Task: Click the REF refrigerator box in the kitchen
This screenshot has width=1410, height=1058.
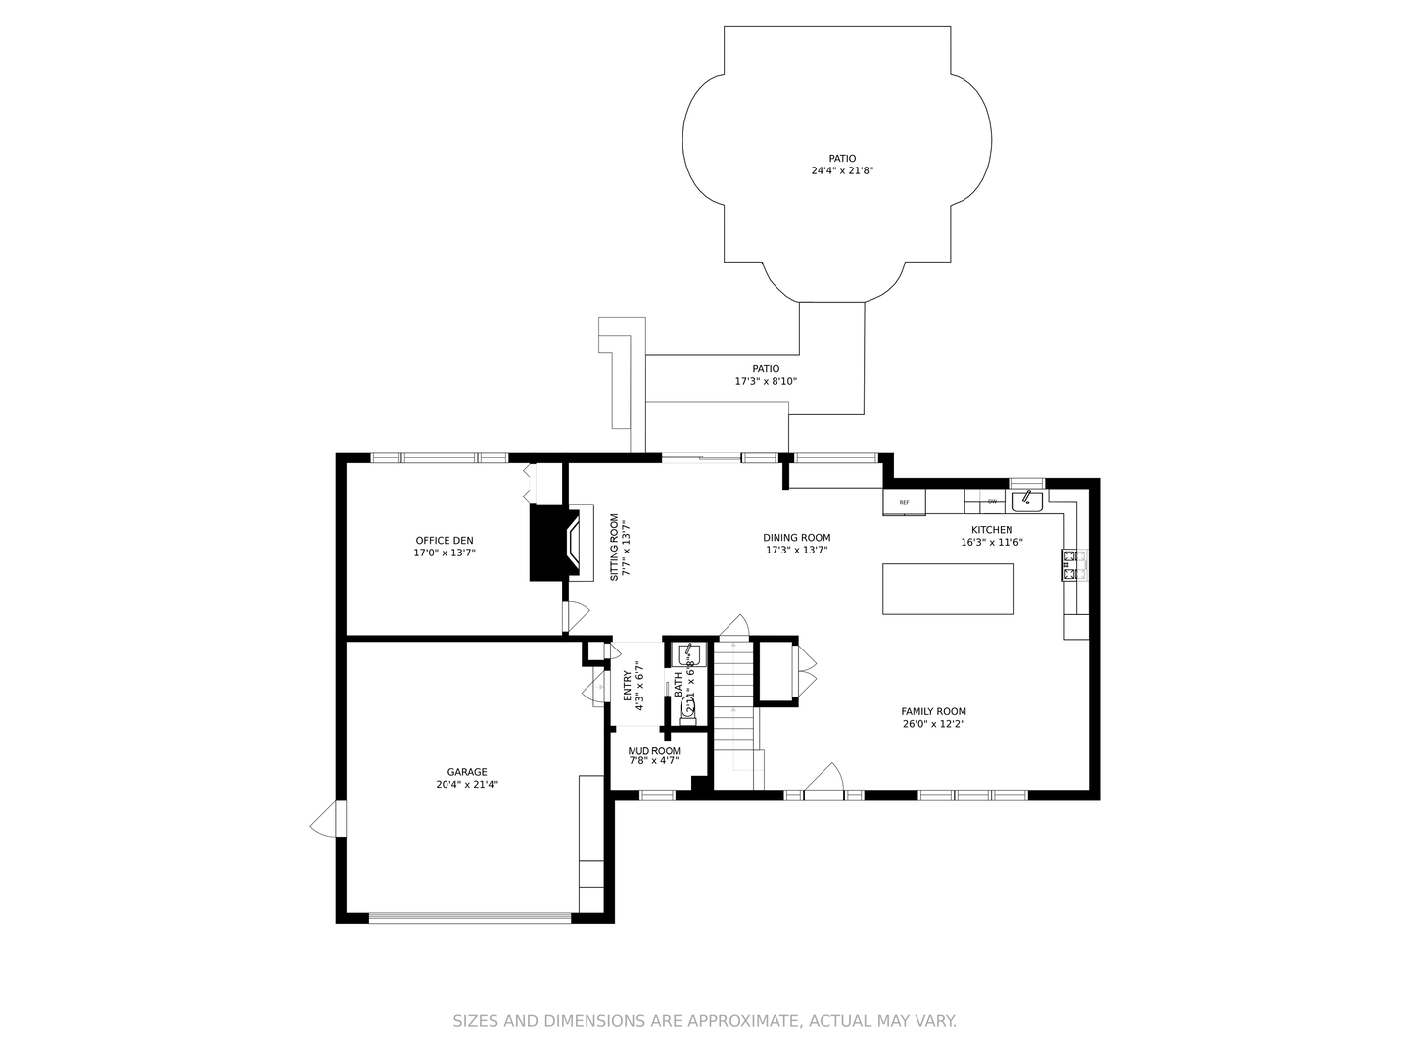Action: [x=904, y=503]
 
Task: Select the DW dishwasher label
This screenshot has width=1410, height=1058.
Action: [x=992, y=502]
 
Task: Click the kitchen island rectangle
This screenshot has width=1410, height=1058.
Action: [x=948, y=589]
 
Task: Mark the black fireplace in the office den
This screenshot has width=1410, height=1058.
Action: [x=548, y=542]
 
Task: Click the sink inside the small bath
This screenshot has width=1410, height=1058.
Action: [x=688, y=654]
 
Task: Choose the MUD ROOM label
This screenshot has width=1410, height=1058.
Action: [x=654, y=751]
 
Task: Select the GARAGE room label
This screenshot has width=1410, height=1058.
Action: [x=467, y=772]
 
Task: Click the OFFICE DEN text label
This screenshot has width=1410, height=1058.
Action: [x=445, y=540]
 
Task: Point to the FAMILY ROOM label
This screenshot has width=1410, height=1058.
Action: [x=933, y=712]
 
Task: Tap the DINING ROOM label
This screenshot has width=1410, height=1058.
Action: [x=797, y=537]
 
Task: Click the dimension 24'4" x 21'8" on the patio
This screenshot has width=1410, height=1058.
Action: [x=842, y=170]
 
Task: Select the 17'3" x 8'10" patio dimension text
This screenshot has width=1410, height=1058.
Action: [x=766, y=381]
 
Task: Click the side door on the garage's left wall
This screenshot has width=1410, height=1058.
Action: [x=325, y=819]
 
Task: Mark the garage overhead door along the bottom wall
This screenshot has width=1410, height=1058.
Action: [x=469, y=918]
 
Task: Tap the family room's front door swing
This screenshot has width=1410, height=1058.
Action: [x=823, y=781]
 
